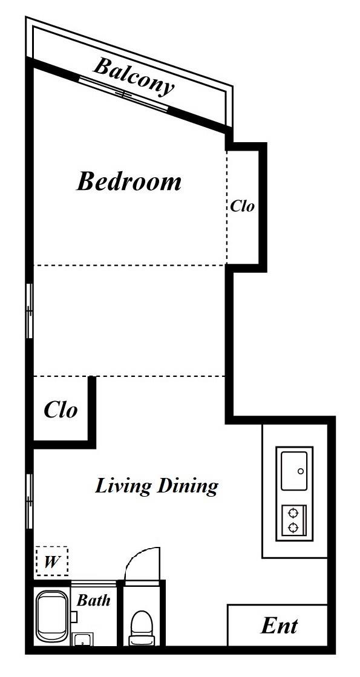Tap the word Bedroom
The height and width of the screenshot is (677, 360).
[x=129, y=182]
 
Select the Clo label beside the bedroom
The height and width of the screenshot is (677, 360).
[x=242, y=206]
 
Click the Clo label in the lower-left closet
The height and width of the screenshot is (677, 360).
[x=61, y=410]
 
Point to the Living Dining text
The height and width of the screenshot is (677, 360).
[x=156, y=486]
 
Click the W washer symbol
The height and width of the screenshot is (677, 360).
[x=52, y=561]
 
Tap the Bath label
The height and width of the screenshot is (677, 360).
[x=93, y=600]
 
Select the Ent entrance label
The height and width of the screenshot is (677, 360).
[x=279, y=626]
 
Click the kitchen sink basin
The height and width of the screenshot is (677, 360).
[x=294, y=471]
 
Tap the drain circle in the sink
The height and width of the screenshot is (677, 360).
[x=301, y=471]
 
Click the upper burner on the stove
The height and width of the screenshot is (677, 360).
[x=293, y=513]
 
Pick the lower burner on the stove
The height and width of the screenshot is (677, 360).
[x=293, y=528]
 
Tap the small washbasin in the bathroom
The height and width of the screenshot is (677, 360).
[x=82, y=639]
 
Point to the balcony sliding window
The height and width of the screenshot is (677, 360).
[x=123, y=94]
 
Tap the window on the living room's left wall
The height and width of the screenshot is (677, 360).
[x=30, y=502]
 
